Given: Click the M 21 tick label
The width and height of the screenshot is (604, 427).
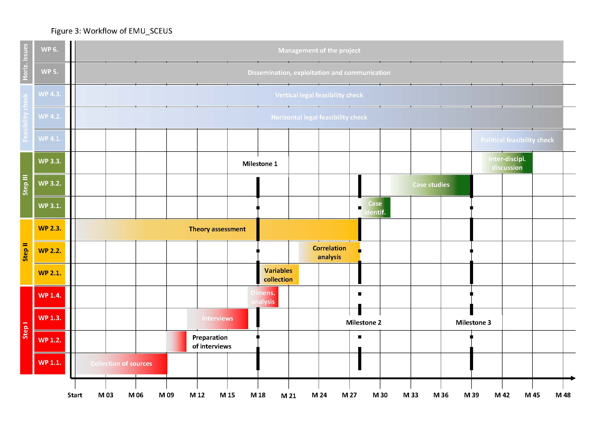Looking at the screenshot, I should (288, 396).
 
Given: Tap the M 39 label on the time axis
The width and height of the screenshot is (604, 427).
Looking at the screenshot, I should (471, 395).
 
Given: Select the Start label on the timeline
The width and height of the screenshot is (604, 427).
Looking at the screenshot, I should (75, 395).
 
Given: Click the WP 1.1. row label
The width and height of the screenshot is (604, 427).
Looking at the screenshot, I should (50, 363).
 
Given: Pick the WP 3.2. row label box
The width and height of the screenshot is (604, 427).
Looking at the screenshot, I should (50, 184).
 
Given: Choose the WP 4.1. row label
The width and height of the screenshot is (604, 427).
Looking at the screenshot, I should (50, 139).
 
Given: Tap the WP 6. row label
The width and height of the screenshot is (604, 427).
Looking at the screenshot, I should (50, 50).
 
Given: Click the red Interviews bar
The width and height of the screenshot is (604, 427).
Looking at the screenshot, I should (217, 318).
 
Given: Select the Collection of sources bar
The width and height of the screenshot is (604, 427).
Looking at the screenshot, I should (121, 364).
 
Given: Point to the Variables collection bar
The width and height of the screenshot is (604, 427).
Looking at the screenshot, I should (278, 275).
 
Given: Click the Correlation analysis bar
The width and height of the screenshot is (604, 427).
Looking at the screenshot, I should (329, 252).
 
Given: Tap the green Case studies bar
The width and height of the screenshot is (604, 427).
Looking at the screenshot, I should (431, 185).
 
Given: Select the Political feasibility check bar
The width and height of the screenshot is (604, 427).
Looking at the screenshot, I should (517, 140).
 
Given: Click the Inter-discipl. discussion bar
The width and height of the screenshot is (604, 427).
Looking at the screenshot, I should (507, 163).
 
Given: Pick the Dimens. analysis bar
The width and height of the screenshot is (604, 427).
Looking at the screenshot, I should (263, 297).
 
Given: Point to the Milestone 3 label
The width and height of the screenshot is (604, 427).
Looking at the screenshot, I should (473, 323).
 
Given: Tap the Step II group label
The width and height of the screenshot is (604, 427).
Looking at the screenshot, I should (26, 252).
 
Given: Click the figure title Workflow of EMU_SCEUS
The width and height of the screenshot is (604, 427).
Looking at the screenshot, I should (112, 31).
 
